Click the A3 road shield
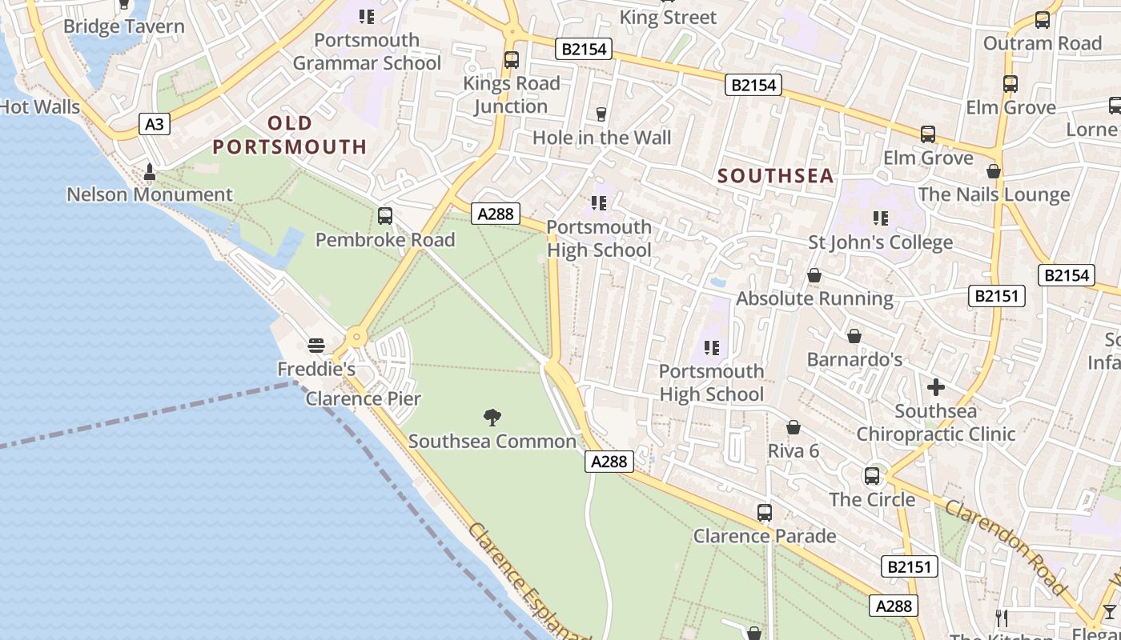pyautogui.click(x=155, y=124)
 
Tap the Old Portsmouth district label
pyautogui.click(x=290, y=135)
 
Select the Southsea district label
pyautogui.click(x=775, y=176)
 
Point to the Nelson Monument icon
pyautogui.click(x=149, y=172)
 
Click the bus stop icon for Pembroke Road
pyautogui.click(x=384, y=216)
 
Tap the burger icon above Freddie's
pyautogui.click(x=316, y=346)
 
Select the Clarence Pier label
pyautogui.click(x=363, y=398)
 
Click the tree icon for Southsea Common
pyautogui.click(x=492, y=417)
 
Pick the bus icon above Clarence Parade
pyautogui.click(x=765, y=512)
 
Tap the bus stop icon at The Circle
pyautogui.click(x=872, y=476)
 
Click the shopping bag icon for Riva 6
pyautogui.click(x=794, y=427)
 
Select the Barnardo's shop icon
pyautogui.click(x=854, y=336)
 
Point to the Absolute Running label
pyautogui.click(x=814, y=298)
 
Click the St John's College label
pyautogui.click(x=881, y=242)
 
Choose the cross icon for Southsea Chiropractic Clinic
pyautogui.click(x=935, y=388)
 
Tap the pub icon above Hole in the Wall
pyautogui.click(x=601, y=114)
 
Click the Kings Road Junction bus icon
pyautogui.click(x=511, y=60)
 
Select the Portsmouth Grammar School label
pyautogui.click(x=367, y=51)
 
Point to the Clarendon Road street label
pyautogui.click(x=1005, y=547)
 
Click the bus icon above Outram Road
pyautogui.click(x=1042, y=20)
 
